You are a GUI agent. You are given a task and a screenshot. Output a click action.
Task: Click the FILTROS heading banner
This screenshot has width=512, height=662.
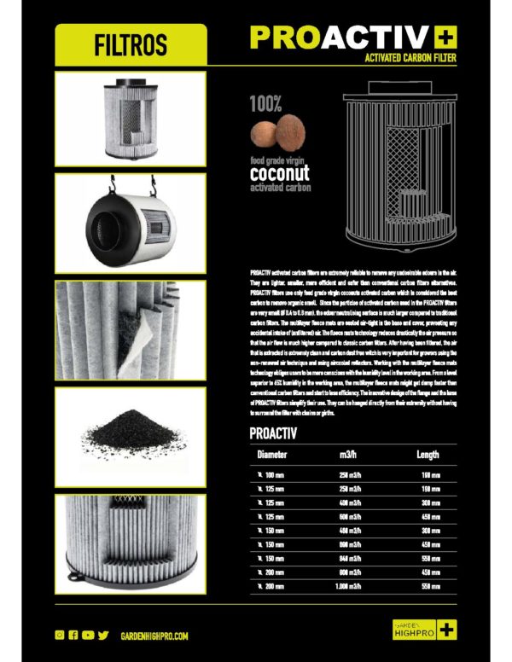pyautogui.click(x=131, y=44)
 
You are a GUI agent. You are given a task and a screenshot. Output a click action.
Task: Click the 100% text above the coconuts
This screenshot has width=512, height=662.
pyautogui.click(x=265, y=107)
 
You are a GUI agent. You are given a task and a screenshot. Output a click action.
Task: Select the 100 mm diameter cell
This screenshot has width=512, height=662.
pyautogui.click(x=274, y=474)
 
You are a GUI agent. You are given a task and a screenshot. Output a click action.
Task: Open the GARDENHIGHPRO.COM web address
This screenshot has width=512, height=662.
pyautogui.click(x=154, y=636)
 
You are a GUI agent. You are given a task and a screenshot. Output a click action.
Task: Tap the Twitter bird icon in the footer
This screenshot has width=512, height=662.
pyautogui.click(x=103, y=636)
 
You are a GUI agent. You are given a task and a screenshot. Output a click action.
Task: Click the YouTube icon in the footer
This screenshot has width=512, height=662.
pyautogui.click(x=88, y=636)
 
